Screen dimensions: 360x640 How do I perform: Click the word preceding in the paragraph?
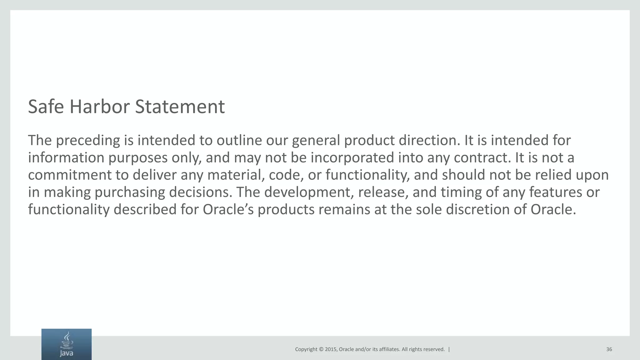point(88,141)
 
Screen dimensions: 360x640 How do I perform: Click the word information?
point(66,157)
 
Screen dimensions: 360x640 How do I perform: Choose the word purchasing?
point(129,192)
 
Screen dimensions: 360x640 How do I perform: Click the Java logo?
point(67,344)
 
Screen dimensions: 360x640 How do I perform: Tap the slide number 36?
point(609,349)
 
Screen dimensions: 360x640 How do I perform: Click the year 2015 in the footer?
point(331,349)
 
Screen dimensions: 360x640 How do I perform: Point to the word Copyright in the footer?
point(306,349)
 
